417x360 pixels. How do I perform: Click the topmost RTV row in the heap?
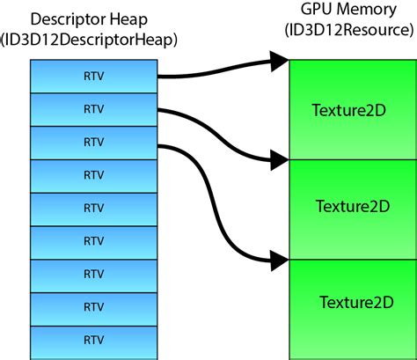point(93,77)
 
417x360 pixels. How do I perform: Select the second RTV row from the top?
point(93,109)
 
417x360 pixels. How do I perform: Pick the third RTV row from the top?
point(93,142)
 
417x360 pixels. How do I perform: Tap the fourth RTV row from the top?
point(93,175)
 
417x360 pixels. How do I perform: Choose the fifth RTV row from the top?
point(93,208)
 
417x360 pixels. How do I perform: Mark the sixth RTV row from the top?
point(93,241)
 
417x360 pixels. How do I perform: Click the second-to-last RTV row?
point(93,306)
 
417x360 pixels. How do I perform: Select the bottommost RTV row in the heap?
point(93,339)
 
